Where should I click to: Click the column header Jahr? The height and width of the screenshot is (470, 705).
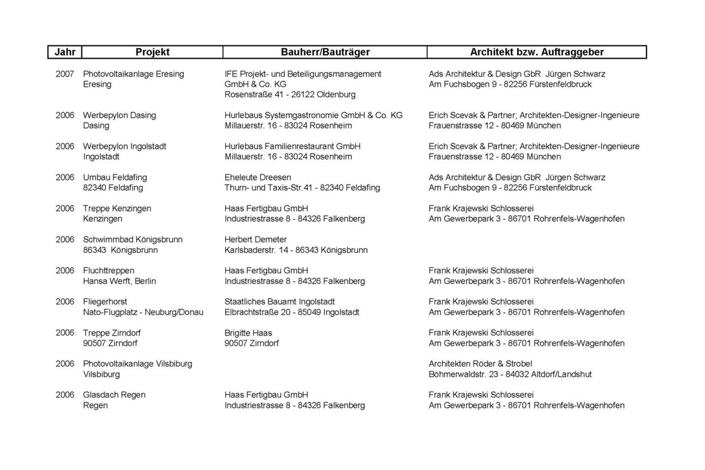coord(65,52)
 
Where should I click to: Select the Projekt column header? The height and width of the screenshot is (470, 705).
coord(152,52)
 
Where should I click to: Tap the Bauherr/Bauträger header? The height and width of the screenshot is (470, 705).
coord(325,52)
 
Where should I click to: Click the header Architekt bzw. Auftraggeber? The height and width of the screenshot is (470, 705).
coord(537,52)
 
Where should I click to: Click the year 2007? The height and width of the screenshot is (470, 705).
coord(65,74)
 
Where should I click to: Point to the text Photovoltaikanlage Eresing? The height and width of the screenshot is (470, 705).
coord(134,74)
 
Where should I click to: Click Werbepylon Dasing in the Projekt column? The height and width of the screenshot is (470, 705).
coord(120,115)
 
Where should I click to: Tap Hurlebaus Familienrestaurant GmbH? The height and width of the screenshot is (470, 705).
coord(293,146)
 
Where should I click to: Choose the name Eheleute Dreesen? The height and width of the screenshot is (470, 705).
coord(253,177)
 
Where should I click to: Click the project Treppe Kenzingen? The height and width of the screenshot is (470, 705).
coord(117,208)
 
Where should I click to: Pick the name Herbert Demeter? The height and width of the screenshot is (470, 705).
coord(255,239)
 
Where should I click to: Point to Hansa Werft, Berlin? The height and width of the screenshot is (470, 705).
coord(120,281)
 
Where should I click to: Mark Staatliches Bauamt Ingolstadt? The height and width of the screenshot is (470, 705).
coord(280,302)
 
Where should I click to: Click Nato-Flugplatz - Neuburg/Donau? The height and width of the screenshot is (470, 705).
coord(143,312)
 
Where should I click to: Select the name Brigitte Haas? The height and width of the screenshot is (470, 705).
coord(249,333)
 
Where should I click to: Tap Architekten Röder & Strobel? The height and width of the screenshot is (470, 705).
coord(481,364)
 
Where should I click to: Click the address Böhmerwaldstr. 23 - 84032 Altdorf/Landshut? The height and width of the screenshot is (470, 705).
coord(510,374)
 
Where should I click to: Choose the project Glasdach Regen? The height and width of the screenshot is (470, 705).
coord(114,395)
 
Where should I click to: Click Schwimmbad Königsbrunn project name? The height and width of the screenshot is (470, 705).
coord(133,239)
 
